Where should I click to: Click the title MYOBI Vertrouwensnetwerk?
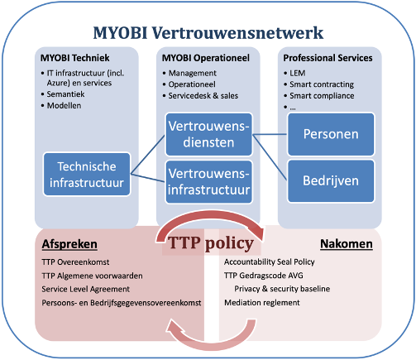pos(208,33)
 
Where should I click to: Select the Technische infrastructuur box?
pos(87,175)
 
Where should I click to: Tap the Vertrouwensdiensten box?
pos(208,134)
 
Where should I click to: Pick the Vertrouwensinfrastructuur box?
pos(208,182)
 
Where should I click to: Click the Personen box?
pos(331,134)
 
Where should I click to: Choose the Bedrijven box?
pos(331,181)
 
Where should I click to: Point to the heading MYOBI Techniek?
pos(74,58)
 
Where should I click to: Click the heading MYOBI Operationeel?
pos(206,58)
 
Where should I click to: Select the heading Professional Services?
pos(328,58)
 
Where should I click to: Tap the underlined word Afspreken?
pos(69,244)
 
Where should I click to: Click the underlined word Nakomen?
pos(347,244)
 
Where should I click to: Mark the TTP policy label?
pos(211,243)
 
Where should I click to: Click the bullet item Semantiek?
pos(65,94)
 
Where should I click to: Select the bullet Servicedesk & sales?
pos(203,96)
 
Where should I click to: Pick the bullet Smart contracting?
pos(322,84)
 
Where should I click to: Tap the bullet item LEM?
pos(298,73)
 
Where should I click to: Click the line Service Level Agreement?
pos(86,289)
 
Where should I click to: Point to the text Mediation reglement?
pos(262,303)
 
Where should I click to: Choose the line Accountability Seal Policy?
pos(270,262)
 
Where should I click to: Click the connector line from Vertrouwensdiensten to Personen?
pos(270,134)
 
